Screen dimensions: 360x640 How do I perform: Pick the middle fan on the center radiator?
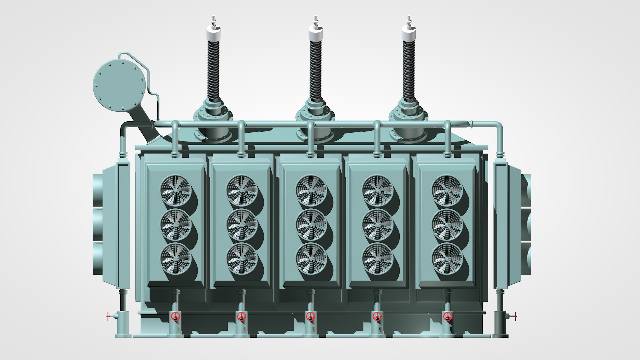pos(311,225)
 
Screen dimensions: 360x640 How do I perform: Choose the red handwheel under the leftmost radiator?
pos(176,316)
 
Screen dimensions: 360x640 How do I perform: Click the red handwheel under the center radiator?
pos(311,316)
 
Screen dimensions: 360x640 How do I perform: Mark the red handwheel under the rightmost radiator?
pos(448,316)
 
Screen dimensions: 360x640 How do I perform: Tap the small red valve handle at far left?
pos(108,316)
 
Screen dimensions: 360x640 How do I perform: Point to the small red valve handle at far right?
pos(515,316)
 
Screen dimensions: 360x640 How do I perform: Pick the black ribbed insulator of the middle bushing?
pos(315,70)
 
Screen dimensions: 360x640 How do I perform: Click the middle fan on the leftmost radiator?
pos(176,225)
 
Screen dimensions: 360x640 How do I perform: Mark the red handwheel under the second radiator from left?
pos(241,316)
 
